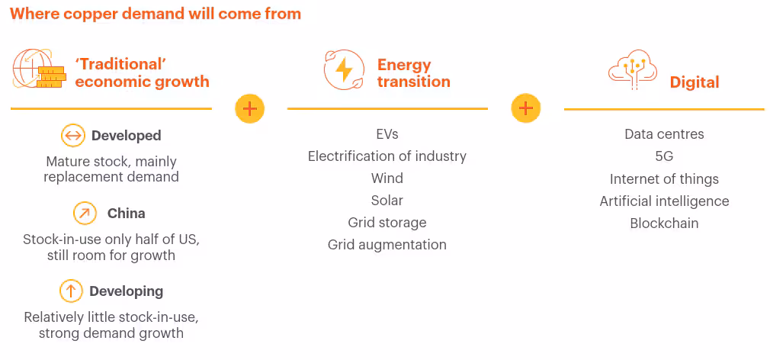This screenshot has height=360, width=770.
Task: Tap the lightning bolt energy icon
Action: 344,69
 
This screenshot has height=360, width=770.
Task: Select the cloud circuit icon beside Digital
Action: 633,69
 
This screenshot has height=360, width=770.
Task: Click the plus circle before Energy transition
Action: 250,108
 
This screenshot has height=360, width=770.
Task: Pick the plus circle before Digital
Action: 526,108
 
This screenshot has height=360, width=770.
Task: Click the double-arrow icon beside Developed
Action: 72,136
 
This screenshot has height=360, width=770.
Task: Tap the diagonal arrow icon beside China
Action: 85,214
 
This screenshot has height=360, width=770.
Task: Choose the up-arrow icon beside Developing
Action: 71,291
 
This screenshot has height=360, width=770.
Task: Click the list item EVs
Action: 387,134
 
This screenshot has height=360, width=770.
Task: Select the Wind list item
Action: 387,178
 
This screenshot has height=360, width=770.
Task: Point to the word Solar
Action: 387,201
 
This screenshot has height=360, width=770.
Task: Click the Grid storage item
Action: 387,223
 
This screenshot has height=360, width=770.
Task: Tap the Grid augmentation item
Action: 387,245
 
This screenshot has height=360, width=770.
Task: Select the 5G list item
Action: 664,156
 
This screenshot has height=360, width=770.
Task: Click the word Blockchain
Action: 664,223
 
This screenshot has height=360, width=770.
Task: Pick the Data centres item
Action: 664,134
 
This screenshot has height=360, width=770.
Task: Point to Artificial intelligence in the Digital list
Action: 664,201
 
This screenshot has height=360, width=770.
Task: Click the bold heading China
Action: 127,214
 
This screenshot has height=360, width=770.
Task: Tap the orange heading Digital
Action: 695,82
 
